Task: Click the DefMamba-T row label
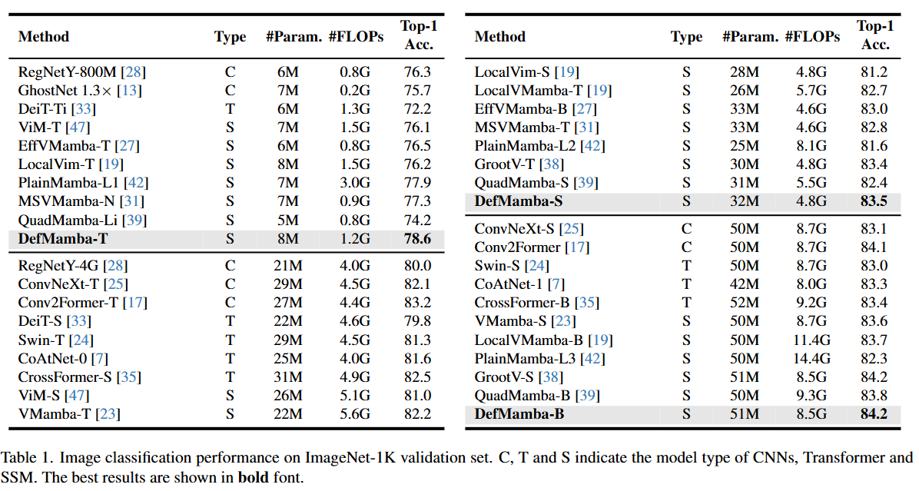point(63,239)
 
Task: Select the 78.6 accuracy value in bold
point(417,239)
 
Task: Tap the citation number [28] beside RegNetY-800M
point(133,72)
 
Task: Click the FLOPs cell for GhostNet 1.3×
point(354,90)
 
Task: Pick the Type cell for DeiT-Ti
point(230,109)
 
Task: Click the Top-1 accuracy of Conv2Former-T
point(417,302)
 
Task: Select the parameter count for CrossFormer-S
point(288,377)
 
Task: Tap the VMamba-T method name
point(55,414)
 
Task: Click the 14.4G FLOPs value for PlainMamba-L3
point(811,359)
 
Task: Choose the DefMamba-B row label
point(519,414)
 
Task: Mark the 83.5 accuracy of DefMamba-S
point(874,201)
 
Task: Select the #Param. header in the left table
point(294,37)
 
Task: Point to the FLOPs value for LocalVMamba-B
point(811,340)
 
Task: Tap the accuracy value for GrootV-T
point(874,164)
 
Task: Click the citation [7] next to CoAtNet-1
point(556,284)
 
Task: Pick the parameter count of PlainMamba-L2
point(745,146)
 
